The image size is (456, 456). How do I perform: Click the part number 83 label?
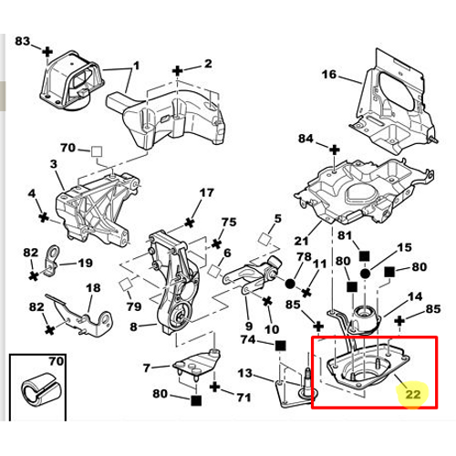point(21,42)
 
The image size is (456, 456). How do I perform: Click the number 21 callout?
point(301,240)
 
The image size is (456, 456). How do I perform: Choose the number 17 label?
point(207,192)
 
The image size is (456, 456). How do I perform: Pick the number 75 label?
point(228,221)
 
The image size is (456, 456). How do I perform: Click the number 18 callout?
point(92,287)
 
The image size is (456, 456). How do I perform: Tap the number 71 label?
point(243,398)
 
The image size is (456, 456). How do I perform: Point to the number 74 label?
point(247,339)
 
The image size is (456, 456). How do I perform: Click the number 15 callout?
point(404,247)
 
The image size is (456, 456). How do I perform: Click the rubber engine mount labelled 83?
point(67,82)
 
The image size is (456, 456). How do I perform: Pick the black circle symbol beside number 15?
point(365,271)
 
